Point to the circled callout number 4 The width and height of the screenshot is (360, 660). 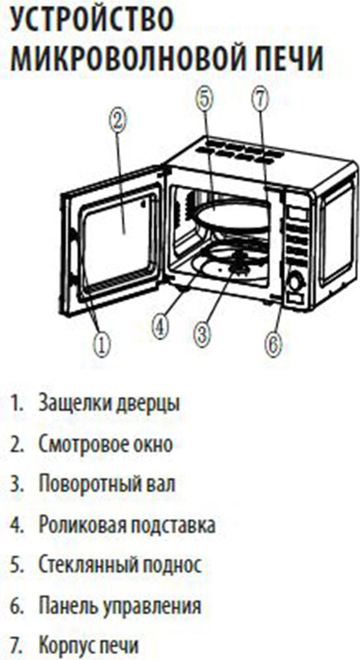coord(162,326)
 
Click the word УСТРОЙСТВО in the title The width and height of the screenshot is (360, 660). coord(91,20)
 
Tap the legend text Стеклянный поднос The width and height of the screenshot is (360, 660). coord(120,566)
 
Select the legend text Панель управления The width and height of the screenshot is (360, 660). coord(120,606)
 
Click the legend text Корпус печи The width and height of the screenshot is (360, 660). coord(88,646)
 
